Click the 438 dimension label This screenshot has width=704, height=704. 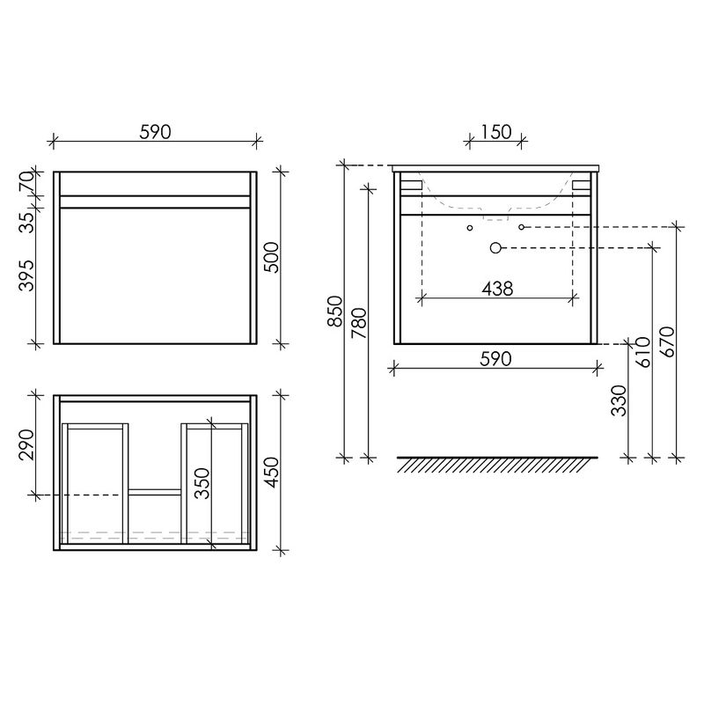pos(497,289)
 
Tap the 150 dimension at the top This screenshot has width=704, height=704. pos(495,132)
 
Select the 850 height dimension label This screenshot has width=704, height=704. pos(336,311)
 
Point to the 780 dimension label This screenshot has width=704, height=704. pos(360,323)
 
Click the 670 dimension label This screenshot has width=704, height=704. pos(668,341)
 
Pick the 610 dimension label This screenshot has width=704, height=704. pos(643,352)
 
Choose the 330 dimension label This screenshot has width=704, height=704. pos(620,401)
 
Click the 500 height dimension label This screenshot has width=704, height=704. pos(272,257)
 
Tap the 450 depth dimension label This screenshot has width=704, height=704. pos(272,473)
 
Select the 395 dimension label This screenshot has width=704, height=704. pos(27,275)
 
